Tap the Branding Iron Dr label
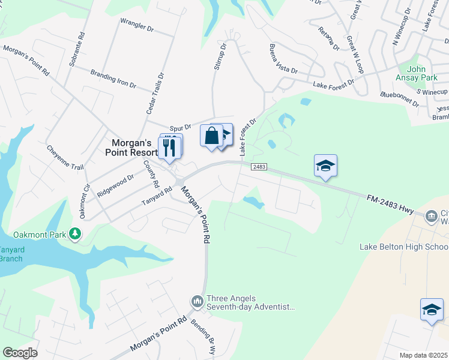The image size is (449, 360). coord(113,79)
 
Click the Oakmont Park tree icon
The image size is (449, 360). coord(75,233)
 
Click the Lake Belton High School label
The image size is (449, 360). coord(403,247)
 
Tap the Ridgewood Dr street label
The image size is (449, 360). coord(115,182)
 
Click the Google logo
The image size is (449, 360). coord(20,353)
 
